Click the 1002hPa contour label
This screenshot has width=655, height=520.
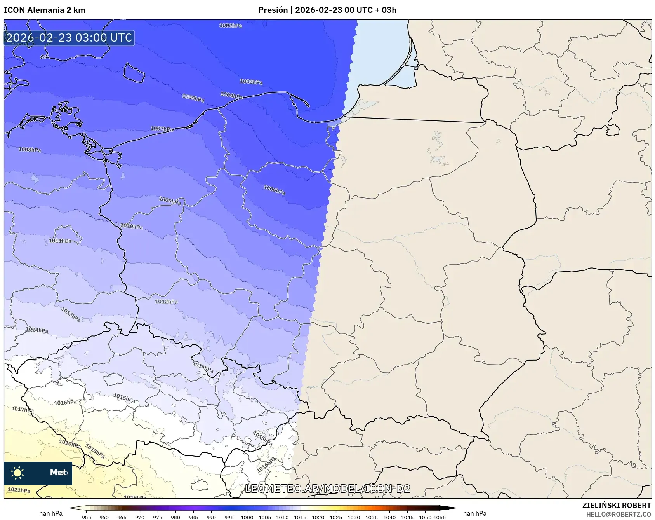tap(231, 26)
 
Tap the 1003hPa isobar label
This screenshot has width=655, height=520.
tap(251, 82)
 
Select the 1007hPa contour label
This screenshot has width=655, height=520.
tap(162, 129)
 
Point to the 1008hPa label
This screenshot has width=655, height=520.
tap(30, 150)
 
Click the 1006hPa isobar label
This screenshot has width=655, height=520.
tap(275, 190)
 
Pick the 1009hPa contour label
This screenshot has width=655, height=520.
tap(170, 201)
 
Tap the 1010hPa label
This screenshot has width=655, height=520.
tap(132, 226)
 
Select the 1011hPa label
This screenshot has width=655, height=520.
tap(60, 241)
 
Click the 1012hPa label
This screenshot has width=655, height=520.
tap(166, 302)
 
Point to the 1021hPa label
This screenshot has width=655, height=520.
tap(19, 490)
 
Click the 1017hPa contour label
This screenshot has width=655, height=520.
tap(23, 409)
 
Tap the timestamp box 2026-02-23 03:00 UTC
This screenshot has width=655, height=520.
tap(69, 38)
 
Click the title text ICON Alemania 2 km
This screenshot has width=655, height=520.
tap(45, 10)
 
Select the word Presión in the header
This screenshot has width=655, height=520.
tap(273, 10)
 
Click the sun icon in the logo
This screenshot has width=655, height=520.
tap(17, 473)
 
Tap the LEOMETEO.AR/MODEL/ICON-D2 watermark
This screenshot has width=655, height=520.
tap(327, 489)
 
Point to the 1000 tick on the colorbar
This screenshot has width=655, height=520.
tap(247, 517)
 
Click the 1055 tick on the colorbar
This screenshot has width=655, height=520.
tap(440, 517)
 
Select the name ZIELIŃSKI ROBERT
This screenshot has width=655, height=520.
tap(616, 505)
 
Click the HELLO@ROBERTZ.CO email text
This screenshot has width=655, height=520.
tap(618, 514)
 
